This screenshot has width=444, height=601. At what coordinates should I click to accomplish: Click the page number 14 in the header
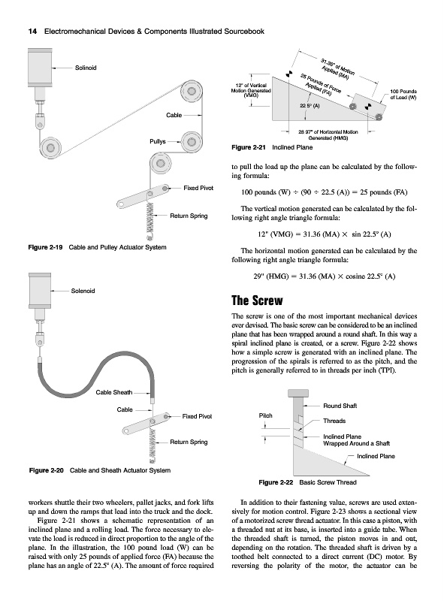click(x=32, y=32)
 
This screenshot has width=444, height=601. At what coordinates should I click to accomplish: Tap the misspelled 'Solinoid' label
click(x=86, y=68)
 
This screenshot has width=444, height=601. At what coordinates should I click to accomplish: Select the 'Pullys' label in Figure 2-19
click(x=158, y=141)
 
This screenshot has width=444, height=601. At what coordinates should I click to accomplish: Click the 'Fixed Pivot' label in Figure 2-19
click(x=198, y=188)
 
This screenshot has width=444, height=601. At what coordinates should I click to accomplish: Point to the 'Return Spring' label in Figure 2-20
click(x=189, y=442)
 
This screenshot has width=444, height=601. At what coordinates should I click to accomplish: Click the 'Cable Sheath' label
click(x=114, y=392)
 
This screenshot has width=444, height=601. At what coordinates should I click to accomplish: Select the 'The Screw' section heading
click(x=257, y=300)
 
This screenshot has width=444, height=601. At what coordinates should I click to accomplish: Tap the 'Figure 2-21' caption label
click(x=249, y=147)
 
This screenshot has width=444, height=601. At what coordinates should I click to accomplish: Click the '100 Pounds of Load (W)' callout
click(x=403, y=95)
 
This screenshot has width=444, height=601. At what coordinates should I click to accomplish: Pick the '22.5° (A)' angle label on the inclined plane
click(x=310, y=106)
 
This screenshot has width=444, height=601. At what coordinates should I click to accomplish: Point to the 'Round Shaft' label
click(x=340, y=406)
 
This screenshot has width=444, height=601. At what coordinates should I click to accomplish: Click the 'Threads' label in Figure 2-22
click(x=334, y=421)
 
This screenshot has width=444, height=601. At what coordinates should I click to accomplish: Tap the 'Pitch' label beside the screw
click(x=266, y=415)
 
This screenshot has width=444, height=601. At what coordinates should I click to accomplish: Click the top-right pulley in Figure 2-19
click(x=191, y=91)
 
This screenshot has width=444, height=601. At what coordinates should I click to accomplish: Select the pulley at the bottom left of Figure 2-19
click(x=50, y=147)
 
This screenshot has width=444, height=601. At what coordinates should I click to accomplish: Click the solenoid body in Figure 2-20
click(x=40, y=290)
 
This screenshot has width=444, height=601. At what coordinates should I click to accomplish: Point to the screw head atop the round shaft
click(x=298, y=393)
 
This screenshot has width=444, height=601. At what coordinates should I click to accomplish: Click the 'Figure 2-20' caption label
click(x=47, y=470)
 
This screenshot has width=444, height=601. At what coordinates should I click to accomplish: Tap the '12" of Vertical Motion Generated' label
click(x=251, y=90)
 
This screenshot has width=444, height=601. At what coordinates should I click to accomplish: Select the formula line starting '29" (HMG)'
click(x=325, y=276)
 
